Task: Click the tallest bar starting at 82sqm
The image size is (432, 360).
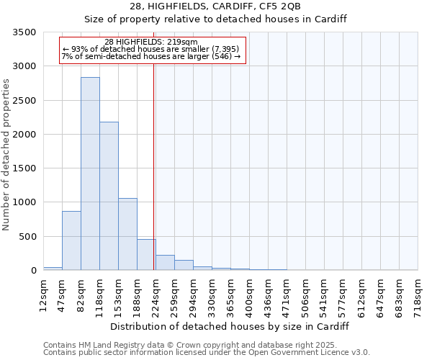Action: coord(90,174)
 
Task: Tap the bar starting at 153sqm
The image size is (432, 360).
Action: coord(127,234)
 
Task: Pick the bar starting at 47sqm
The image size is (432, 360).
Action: coord(71,240)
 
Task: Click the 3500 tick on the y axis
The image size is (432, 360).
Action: coord(24,32)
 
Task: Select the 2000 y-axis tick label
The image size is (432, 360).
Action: coord(24,135)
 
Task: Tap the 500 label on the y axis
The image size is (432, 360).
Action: coord(27,237)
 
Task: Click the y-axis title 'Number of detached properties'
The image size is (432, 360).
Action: coord(7,155)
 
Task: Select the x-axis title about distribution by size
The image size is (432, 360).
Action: coord(230,326)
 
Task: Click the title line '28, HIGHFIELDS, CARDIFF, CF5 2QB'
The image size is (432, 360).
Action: coord(216,6)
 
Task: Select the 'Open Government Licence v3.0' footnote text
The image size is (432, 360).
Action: coord(310,353)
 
